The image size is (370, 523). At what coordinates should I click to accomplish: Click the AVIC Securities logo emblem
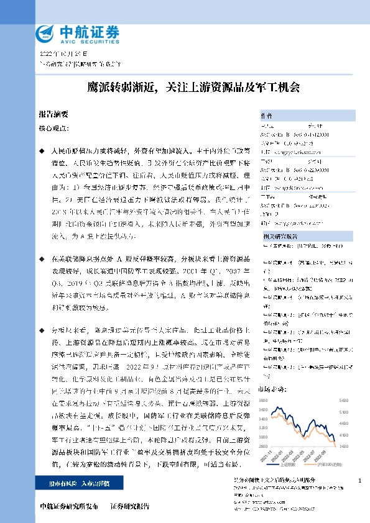pos(44,32)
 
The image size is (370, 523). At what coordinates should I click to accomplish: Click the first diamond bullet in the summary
pos(41,151)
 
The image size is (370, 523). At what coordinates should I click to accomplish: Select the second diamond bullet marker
pos(41,257)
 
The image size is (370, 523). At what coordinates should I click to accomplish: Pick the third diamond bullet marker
pos(41,329)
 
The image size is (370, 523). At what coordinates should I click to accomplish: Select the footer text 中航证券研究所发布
pos(69,506)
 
